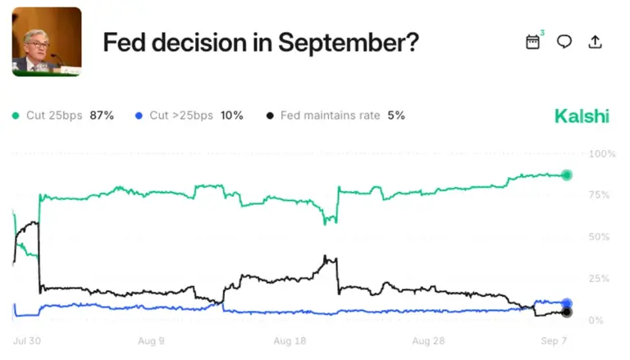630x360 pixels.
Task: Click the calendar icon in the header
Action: point(532,42)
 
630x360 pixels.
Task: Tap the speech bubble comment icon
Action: point(564,41)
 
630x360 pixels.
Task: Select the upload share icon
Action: point(595,42)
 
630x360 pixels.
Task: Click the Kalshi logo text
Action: point(582,116)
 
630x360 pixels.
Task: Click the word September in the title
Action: point(349,43)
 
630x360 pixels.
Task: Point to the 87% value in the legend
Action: point(102,116)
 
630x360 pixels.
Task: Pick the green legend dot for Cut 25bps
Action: point(16,116)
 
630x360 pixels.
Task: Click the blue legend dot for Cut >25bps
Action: point(139,116)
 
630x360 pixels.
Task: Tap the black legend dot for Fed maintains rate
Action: point(270,116)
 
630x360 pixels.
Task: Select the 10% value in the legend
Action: point(232,116)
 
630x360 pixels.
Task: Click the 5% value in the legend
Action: point(396,116)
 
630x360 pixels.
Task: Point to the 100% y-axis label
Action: point(602,154)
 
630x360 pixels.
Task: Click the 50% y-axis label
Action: point(599,237)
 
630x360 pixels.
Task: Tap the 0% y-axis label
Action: point(596,320)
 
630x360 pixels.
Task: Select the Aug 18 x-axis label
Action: point(290,341)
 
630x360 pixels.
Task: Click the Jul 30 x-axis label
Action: point(27,341)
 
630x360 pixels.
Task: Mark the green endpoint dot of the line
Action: point(567,175)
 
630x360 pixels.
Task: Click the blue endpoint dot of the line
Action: point(567,303)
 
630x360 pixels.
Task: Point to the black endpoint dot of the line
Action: point(567,312)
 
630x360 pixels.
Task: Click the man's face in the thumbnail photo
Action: point(37,45)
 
